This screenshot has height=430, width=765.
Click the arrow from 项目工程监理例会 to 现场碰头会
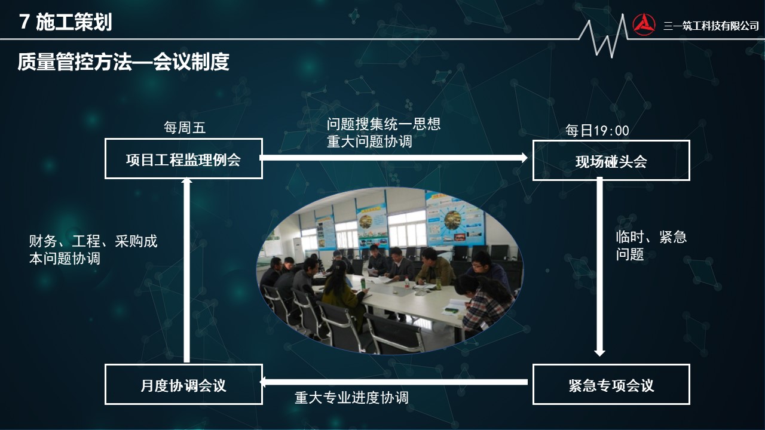point(393,158)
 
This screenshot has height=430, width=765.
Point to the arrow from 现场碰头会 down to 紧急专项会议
point(599,266)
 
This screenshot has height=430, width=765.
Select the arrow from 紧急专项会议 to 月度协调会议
point(393,382)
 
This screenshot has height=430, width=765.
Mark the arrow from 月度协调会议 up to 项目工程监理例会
point(186,269)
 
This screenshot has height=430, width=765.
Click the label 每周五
point(185,128)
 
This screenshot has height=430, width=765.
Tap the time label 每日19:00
point(597,130)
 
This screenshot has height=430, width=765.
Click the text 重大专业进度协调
point(351,398)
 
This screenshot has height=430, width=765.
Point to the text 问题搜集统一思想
point(384,124)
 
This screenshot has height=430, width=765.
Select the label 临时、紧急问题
point(651,245)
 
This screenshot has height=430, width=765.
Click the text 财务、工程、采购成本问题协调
point(93,250)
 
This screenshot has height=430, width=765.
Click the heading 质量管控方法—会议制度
point(123,62)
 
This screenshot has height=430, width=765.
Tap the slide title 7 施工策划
point(66,22)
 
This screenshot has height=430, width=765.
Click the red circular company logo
point(644,24)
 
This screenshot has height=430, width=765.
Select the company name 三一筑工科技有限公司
point(711,26)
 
